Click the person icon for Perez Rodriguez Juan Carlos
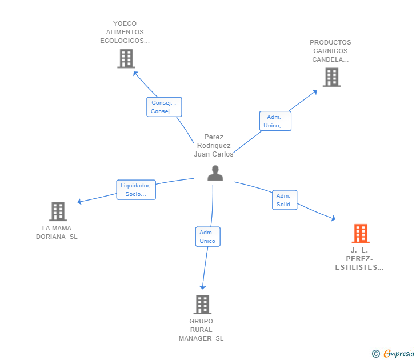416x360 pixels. tap(215, 173)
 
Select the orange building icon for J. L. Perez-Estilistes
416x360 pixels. tap(360, 234)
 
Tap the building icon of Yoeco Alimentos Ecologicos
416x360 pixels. tap(126, 58)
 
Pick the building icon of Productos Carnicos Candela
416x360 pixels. tap(331, 77)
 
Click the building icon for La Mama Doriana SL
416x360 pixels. tap(58, 211)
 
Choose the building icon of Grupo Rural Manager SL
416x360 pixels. tap(202, 305)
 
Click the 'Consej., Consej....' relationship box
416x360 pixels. tap(164, 107)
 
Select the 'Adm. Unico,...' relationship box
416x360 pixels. tap(275, 121)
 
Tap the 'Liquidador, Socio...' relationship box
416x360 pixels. tap(135, 190)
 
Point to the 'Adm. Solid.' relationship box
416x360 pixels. tap(284, 200)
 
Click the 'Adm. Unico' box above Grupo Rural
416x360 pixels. tap(207, 237)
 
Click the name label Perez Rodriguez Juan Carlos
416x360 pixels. tap(214, 146)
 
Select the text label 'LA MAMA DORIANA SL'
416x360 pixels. tap(57, 233)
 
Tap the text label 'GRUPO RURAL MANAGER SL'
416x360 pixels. tap(201, 330)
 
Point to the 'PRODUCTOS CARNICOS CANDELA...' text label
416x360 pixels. tap(330, 51)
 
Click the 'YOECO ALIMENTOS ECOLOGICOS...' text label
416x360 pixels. tap(125, 32)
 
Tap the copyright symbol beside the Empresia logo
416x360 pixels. tap(375, 354)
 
